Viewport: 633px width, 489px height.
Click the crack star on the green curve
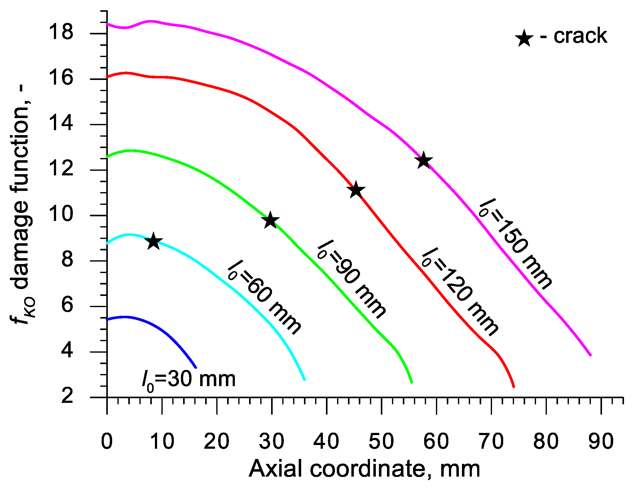tap(270, 220)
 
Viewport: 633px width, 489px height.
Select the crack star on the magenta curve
tap(424, 161)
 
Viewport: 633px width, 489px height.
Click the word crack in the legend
tap(580, 36)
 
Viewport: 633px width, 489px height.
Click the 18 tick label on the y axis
tap(61, 32)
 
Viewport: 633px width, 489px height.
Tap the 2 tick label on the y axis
tap(67, 396)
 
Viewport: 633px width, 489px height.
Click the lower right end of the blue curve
tap(196, 367)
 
